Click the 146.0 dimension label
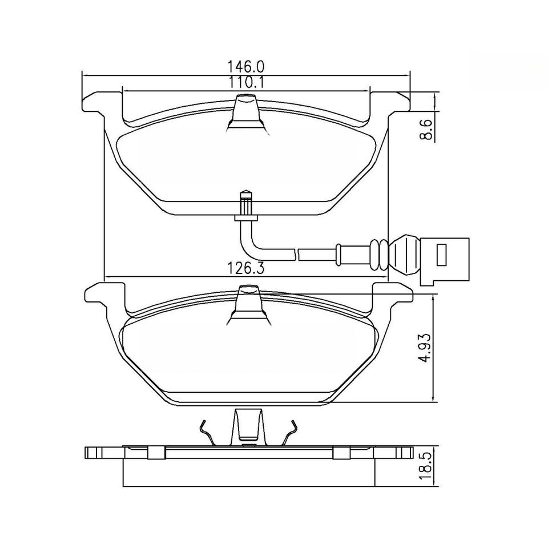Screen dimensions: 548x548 coord(246,66)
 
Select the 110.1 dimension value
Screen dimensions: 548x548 coord(246,82)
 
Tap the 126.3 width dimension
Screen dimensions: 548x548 coord(245,269)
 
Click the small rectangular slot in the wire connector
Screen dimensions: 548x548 coord(442,254)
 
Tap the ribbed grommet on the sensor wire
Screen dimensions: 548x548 coord(379,255)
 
